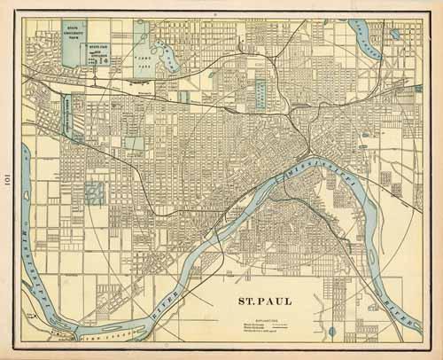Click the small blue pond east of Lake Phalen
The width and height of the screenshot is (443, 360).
click(394, 35)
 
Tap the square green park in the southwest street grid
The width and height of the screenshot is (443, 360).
click(93, 191)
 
